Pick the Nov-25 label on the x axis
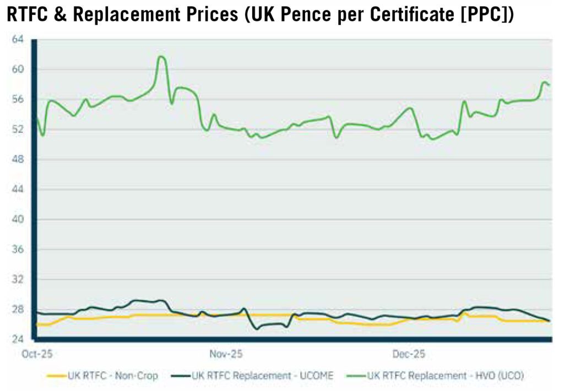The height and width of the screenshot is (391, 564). (x=226, y=354)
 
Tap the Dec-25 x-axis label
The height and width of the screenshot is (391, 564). (x=409, y=354)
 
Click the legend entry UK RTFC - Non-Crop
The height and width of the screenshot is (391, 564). (x=112, y=376)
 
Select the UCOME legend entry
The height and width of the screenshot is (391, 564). (x=263, y=376)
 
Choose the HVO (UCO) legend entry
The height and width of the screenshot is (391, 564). (x=446, y=376)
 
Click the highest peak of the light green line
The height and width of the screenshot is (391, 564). (x=161, y=56)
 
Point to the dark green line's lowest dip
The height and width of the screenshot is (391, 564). (x=257, y=329)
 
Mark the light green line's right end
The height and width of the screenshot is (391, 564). (x=549, y=85)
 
